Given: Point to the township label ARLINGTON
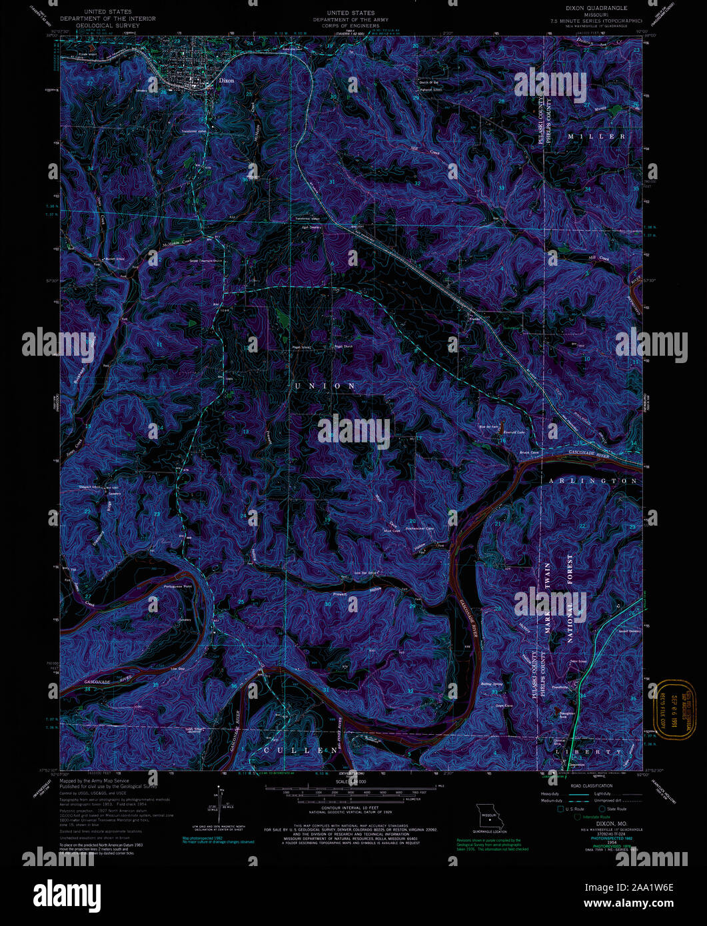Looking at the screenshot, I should pos(592,480).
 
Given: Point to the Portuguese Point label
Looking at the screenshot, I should pos(177,586).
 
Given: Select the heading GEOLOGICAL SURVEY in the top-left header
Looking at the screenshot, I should pos(107,25).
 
